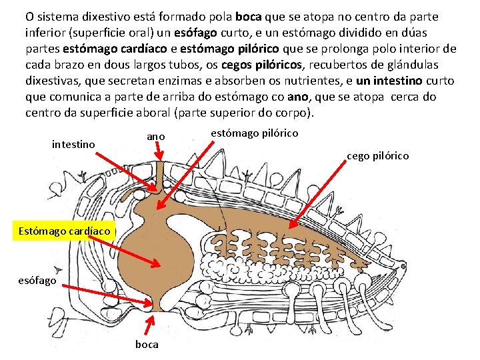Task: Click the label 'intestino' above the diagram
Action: [x=73, y=144]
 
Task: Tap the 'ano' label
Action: [x=155, y=136]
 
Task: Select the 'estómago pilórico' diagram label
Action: [x=254, y=133]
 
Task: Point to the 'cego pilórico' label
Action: [x=377, y=156]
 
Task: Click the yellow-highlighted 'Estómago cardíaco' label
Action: [x=65, y=231]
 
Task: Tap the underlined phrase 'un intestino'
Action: [x=389, y=81]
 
